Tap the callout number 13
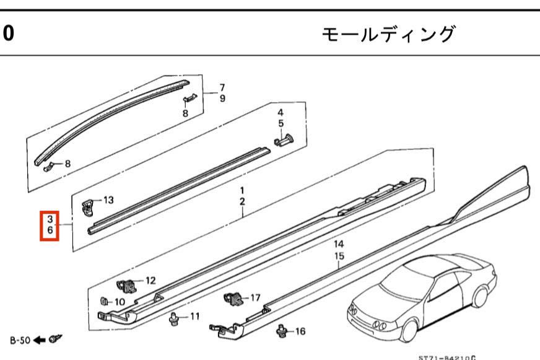click(108, 200)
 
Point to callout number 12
click(150, 281)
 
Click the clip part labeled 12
click(127, 286)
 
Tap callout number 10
click(120, 301)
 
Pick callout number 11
click(194, 316)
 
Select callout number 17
click(255, 297)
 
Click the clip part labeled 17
click(233, 300)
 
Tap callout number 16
click(300, 331)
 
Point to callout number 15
click(339, 256)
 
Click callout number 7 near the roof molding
click(222, 87)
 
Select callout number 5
click(281, 123)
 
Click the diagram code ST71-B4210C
click(446, 357)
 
